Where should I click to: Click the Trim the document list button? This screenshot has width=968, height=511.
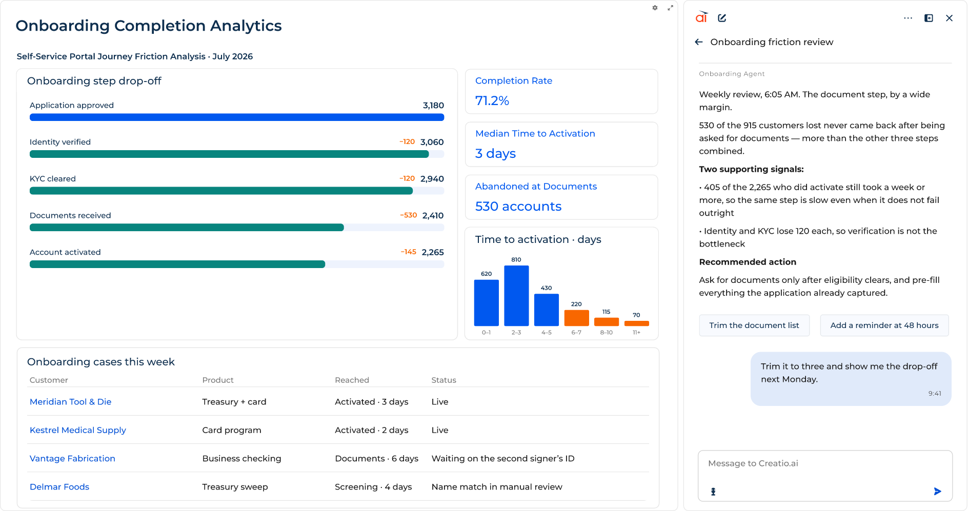click(754, 325)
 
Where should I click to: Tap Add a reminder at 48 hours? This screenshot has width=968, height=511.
click(884, 325)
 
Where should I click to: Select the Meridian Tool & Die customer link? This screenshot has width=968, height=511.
click(71, 402)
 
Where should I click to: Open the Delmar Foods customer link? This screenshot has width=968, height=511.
click(59, 487)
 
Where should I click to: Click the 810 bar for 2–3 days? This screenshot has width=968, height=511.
click(516, 296)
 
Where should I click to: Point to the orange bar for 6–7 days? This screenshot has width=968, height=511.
click(576, 318)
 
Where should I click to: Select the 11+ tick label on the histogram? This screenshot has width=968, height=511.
click(636, 333)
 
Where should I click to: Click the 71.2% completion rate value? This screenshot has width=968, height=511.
click(492, 101)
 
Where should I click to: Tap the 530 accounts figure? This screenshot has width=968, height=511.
click(518, 207)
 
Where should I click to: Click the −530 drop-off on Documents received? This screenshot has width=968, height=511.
click(409, 215)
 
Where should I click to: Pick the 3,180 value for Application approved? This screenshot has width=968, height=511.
click(433, 106)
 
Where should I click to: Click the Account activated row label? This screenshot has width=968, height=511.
click(65, 252)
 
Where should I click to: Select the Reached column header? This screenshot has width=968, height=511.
click(352, 380)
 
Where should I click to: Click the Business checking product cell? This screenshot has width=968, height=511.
click(241, 459)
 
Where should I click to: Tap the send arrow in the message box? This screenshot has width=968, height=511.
click(938, 492)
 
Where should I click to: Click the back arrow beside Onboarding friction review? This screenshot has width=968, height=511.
click(699, 42)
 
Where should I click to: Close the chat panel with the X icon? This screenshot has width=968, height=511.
click(950, 18)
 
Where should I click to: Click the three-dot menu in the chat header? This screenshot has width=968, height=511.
click(908, 18)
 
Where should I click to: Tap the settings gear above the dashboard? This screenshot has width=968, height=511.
click(655, 8)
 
